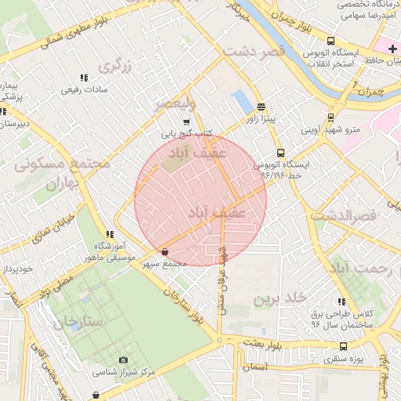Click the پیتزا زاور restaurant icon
click(261, 107)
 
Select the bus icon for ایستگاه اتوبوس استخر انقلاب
click(331, 41)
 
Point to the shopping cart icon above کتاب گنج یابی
click(186, 122)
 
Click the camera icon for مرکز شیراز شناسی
click(123, 359)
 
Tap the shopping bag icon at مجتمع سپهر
click(164, 251)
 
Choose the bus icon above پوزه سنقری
click(342, 346)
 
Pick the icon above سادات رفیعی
click(83, 78)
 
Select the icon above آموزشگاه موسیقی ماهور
click(110, 234)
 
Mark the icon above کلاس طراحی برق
click(341, 302)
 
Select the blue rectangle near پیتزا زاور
click(243, 102)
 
